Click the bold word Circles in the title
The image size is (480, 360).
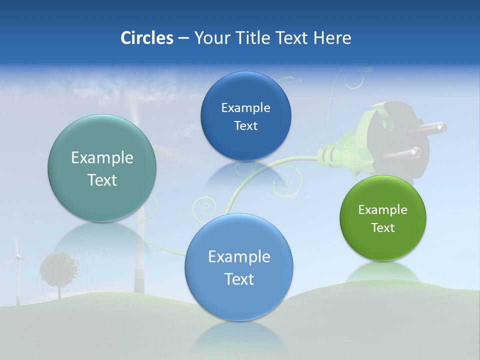click(x=147, y=38)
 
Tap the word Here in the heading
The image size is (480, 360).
click(x=332, y=38)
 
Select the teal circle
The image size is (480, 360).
click(x=102, y=168)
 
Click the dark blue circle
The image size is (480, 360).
click(x=245, y=116)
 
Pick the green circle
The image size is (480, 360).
click(x=383, y=218)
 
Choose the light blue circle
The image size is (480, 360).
click(x=239, y=267)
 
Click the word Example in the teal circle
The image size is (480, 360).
click(x=102, y=158)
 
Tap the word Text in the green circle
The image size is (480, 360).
click(x=383, y=228)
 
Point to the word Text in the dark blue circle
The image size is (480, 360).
click(x=245, y=126)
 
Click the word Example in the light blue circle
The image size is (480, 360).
click(x=239, y=257)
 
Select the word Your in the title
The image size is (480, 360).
click(x=210, y=38)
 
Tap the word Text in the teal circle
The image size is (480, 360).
click(x=102, y=180)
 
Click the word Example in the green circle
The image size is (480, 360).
click(x=383, y=210)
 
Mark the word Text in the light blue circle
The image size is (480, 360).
click(x=239, y=279)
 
